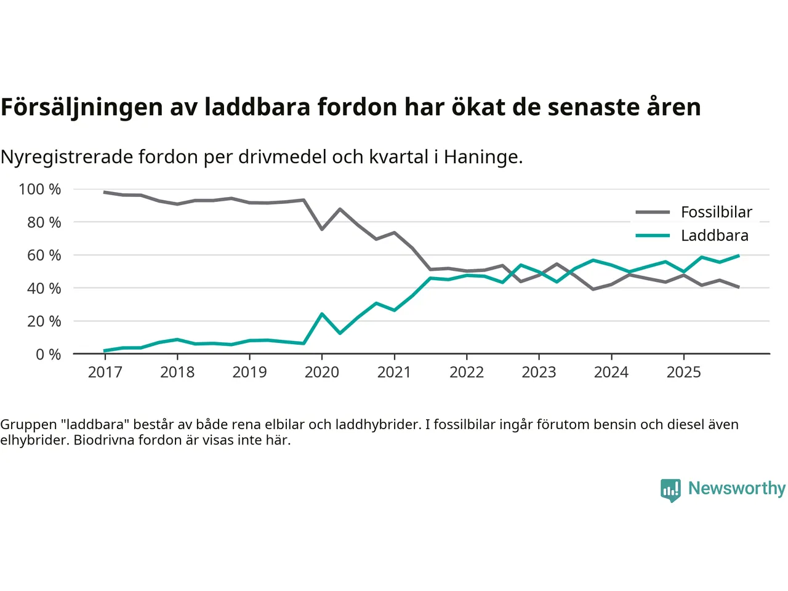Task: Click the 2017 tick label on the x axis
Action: click(x=105, y=372)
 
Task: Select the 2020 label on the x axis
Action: click(x=321, y=372)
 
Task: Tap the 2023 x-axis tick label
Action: click(x=539, y=372)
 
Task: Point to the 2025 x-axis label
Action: click(x=683, y=372)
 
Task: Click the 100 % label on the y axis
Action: click(x=40, y=190)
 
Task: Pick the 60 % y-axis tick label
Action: click(x=44, y=255)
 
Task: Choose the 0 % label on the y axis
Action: click(x=48, y=355)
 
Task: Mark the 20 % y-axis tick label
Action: click(x=44, y=321)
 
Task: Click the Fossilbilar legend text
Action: click(x=717, y=212)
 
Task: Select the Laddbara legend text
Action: click(x=715, y=236)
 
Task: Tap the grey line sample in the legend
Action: click(x=653, y=212)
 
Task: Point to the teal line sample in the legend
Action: click(x=653, y=236)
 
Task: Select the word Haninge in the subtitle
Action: click(x=483, y=158)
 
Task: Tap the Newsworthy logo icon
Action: click(x=670, y=490)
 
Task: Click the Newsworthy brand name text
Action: click(x=737, y=488)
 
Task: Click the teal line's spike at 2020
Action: click(x=321, y=314)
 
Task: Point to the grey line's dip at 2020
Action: click(x=321, y=229)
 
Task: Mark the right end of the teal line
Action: click(x=738, y=255)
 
